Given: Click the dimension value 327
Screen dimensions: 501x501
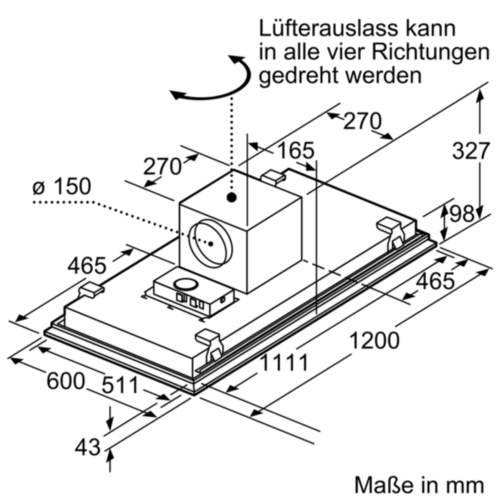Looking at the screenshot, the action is point(471,151).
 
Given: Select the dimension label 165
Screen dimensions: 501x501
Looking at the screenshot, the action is point(296,150).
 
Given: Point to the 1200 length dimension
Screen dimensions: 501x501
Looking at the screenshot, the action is point(374,340).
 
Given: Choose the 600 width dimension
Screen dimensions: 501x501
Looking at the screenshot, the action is point(66,381).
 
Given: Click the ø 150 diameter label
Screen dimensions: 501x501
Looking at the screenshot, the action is point(62,186).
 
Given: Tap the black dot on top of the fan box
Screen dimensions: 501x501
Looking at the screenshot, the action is point(231,197).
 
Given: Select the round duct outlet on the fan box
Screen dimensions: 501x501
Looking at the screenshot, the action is point(211,244).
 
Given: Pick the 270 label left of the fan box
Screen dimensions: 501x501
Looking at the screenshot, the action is point(162,167).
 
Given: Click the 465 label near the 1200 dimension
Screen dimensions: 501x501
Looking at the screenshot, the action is point(435,281).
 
